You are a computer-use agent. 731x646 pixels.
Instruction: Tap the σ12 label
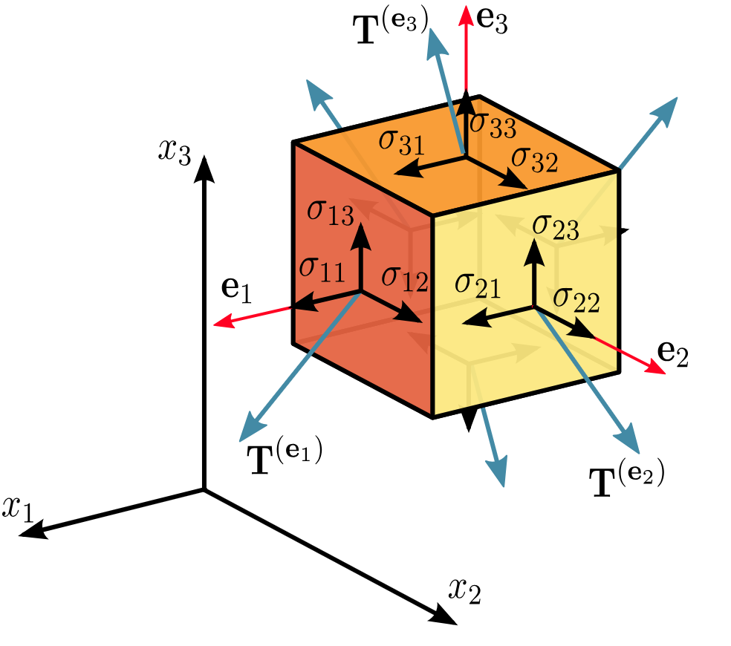coord(405,278)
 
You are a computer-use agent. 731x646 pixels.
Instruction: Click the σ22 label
coord(576,298)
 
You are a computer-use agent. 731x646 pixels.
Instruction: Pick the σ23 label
coord(556,226)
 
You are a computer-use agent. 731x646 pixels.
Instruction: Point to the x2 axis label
coord(464,590)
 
